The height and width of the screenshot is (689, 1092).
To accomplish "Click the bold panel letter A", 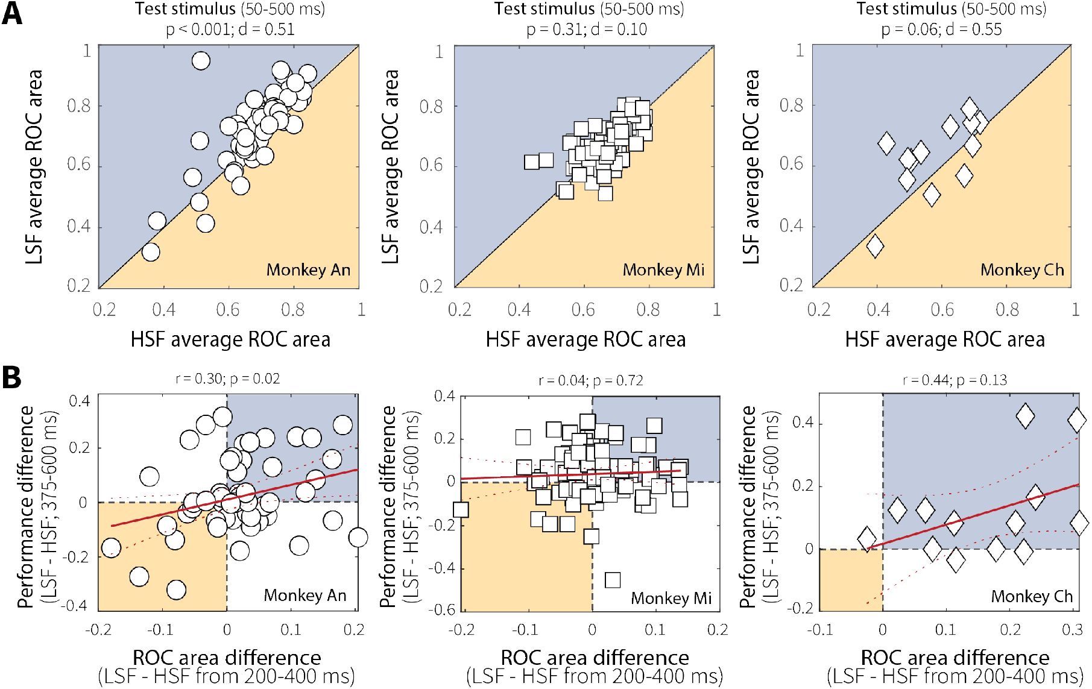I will [x=12, y=13].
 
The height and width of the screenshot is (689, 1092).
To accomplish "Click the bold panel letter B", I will [x=12, y=377].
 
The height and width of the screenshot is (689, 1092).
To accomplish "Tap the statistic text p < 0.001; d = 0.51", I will [x=230, y=29].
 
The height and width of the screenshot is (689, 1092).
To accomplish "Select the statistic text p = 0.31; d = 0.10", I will [x=587, y=29].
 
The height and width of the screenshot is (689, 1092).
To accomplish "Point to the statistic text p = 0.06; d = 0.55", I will [x=941, y=29].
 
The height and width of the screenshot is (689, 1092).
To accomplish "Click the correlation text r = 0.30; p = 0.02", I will [x=227, y=379].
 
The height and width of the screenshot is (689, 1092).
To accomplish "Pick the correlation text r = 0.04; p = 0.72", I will [x=590, y=380].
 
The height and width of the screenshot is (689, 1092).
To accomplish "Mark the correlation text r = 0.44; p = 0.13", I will [x=955, y=380].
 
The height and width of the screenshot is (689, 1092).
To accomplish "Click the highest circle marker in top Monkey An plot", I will [x=201, y=61].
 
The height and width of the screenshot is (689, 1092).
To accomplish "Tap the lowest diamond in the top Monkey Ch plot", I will [x=875, y=246].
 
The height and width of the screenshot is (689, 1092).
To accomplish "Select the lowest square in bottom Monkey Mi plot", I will [x=613, y=580].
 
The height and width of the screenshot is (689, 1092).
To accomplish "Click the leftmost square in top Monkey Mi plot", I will [x=531, y=162].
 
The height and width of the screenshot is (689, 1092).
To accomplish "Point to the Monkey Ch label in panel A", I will [x=1022, y=269].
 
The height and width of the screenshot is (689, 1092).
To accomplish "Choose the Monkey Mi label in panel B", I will [x=671, y=598].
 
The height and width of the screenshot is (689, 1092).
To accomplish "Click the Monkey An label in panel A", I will [x=308, y=269].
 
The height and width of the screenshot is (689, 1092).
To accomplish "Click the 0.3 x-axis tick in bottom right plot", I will [x=1073, y=629].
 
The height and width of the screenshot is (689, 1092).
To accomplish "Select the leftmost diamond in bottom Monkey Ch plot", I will [x=867, y=539].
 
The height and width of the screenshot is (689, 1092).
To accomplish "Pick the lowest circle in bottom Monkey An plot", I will [x=176, y=590].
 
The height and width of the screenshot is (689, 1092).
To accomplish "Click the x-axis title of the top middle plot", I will [x=585, y=339].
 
